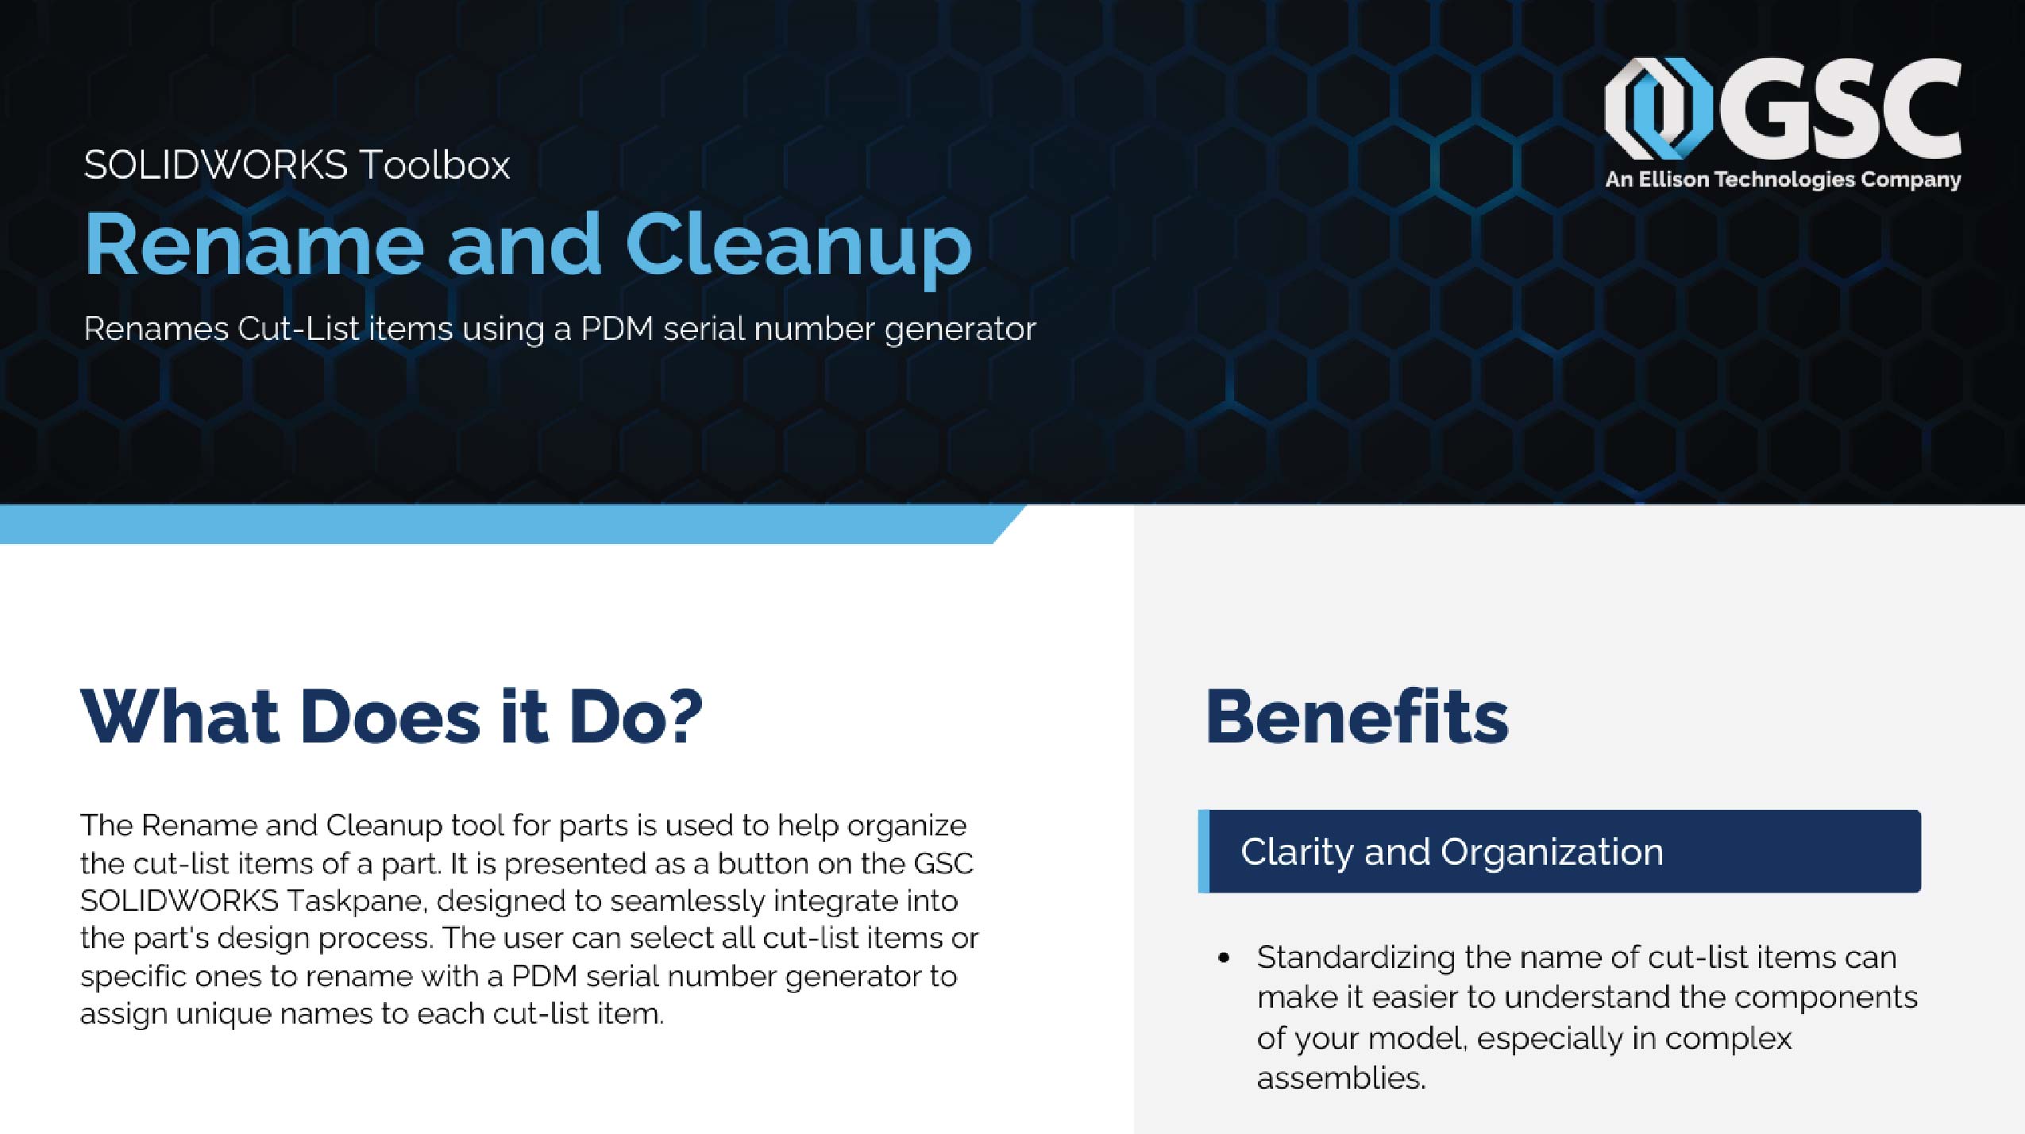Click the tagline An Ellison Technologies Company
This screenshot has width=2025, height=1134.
click(x=1783, y=179)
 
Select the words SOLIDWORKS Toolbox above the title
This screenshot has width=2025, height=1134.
click(x=296, y=165)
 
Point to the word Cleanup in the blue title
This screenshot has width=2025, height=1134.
click(x=798, y=245)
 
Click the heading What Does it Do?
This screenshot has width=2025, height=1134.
click(x=391, y=716)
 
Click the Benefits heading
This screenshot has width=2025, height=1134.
click(x=1356, y=717)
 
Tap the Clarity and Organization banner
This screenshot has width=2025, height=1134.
click(x=1560, y=851)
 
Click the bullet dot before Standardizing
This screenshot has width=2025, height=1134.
click(x=1224, y=958)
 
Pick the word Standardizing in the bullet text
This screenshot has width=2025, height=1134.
click(x=1355, y=958)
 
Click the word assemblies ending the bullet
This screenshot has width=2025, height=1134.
click(x=1340, y=1078)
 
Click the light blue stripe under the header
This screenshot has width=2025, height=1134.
click(x=492, y=524)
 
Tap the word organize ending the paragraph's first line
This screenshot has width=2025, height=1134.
click(x=906, y=826)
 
